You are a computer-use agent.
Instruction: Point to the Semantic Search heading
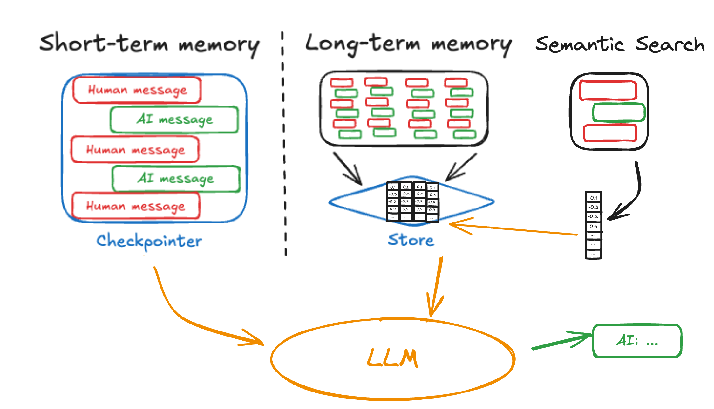[x=620, y=44]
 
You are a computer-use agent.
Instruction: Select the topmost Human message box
[x=137, y=90]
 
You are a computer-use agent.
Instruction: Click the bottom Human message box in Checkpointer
[x=136, y=206]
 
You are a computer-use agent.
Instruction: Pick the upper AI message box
[x=174, y=119]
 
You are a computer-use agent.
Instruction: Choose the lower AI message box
[x=176, y=179]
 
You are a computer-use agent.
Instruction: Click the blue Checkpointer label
[x=149, y=241]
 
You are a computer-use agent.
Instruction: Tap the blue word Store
[x=411, y=240]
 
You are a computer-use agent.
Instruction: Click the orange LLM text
[x=393, y=358]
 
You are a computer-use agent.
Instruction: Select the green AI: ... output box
[x=637, y=341]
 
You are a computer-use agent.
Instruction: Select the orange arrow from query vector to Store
[x=515, y=229]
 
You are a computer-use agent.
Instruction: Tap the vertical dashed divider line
[x=284, y=143]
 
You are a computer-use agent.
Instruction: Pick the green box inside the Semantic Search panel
[x=619, y=112]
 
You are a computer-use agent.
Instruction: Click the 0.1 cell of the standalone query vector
[x=594, y=198]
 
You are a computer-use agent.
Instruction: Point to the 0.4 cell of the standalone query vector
[x=594, y=226]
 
